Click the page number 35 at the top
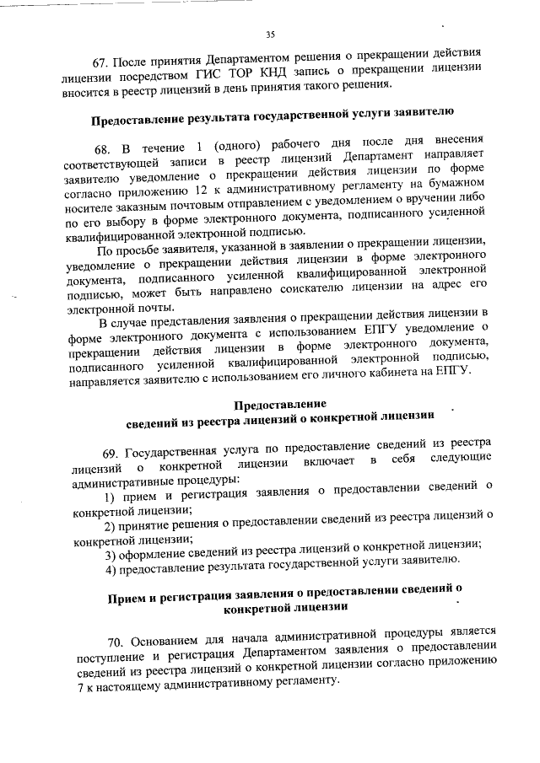(x=270, y=35)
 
